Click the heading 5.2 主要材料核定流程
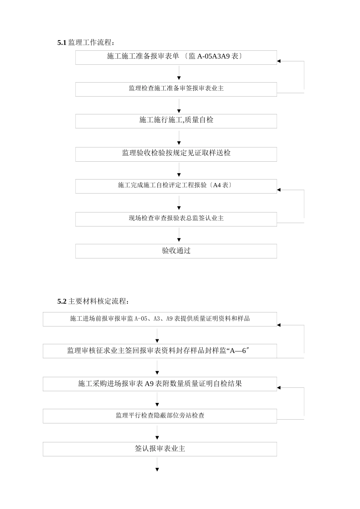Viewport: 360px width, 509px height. pos(93,301)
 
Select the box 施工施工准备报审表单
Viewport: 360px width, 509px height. pos(176,57)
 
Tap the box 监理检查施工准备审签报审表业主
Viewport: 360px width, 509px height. pos(176,89)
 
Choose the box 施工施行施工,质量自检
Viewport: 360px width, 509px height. pos(176,121)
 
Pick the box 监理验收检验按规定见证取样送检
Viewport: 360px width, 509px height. pos(176,154)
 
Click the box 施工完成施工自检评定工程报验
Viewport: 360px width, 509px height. pos(176,186)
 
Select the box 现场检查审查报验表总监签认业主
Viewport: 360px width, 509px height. pos(176,219)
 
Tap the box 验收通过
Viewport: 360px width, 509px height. pos(176,251)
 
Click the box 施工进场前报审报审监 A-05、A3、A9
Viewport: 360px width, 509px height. pos(160,319)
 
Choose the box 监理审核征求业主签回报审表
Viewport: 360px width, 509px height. pos(160,351)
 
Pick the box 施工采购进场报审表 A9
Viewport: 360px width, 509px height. pos(160,384)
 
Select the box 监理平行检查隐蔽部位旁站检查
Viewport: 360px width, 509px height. pos(160,416)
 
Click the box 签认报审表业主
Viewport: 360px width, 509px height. pos(160,449)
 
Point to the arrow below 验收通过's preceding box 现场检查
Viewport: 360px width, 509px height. pos(179,235)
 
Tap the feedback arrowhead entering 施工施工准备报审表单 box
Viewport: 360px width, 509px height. pos(279,61)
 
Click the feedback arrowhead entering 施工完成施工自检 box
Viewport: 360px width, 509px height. pos(279,190)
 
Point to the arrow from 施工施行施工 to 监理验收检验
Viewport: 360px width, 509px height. pos(179,138)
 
